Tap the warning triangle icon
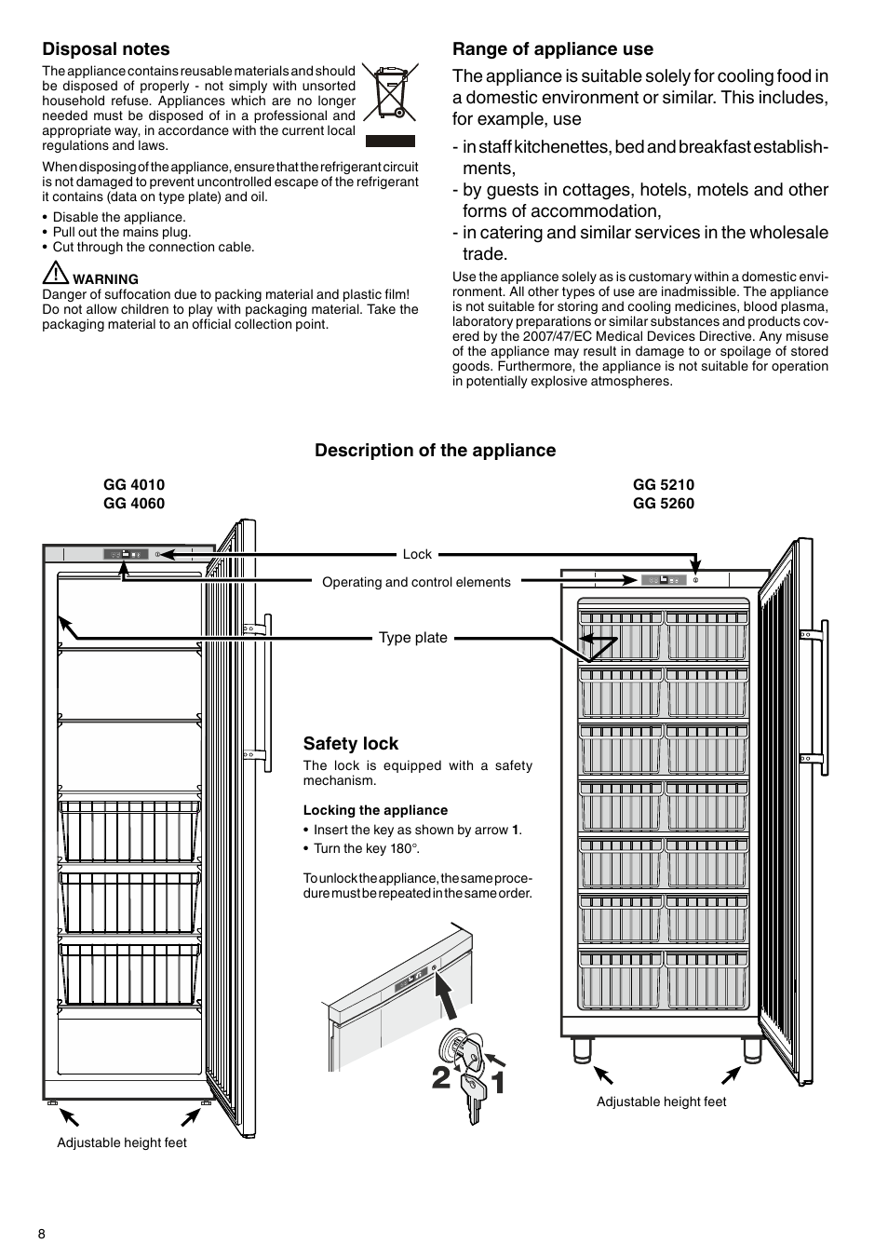55,275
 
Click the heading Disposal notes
106,49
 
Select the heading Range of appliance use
553,49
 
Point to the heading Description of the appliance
435,451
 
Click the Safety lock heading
351,744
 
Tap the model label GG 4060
134,504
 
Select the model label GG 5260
664,504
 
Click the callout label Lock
417,554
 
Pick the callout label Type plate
413,638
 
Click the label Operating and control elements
416,583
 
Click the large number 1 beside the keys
497,1082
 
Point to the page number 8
42,1235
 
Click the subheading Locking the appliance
375,810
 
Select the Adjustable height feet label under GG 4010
122,1142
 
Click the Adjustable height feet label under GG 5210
661,1102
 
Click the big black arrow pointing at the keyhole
451,1000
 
